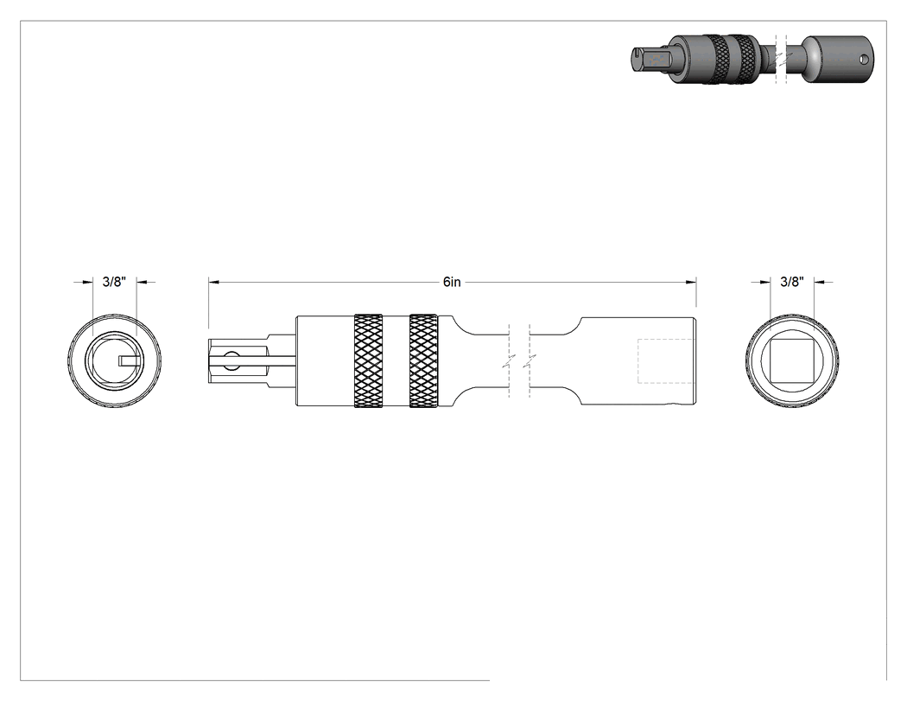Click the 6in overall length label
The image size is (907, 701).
(452, 282)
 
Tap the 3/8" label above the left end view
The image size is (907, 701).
(114, 282)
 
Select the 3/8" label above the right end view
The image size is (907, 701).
(792, 282)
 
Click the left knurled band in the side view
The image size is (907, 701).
(369, 360)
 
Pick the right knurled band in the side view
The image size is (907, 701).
(423, 360)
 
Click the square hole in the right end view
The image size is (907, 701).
(792, 360)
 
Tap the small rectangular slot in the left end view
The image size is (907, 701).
(129, 360)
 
